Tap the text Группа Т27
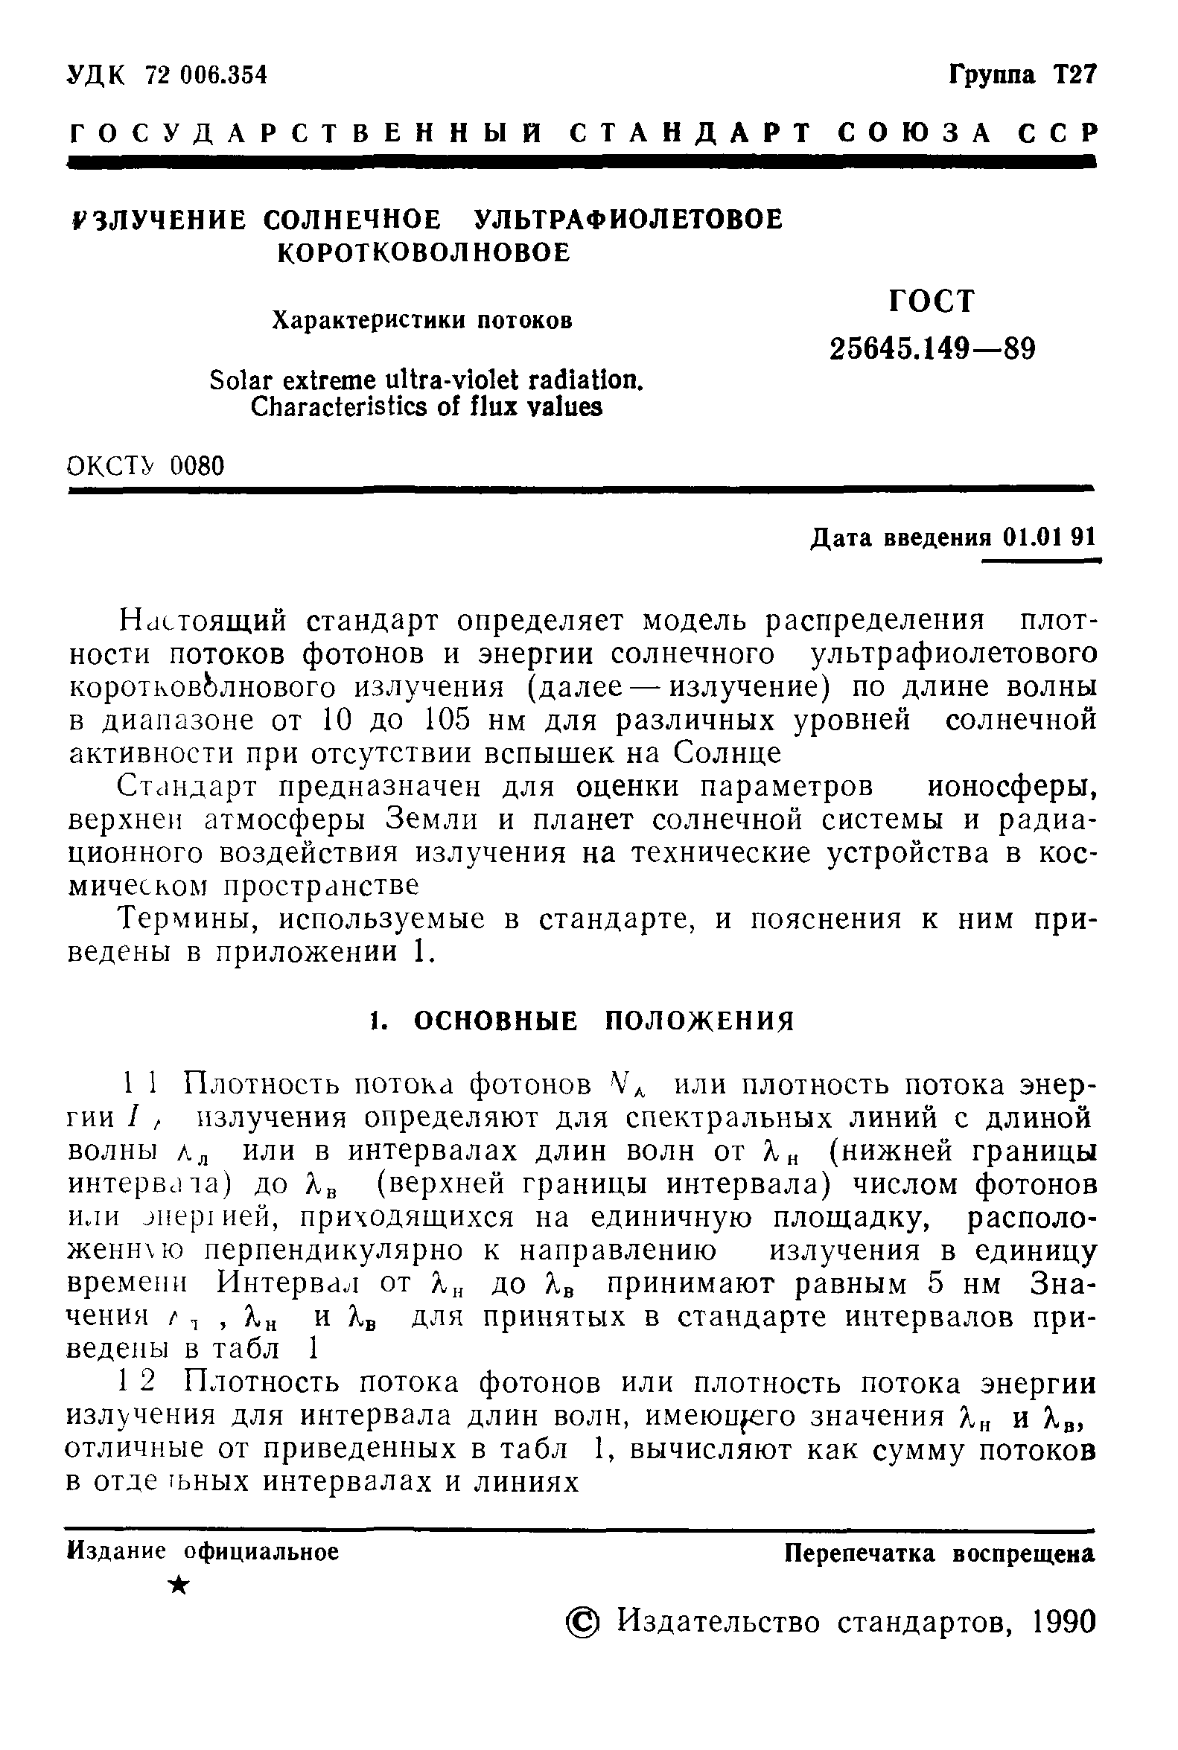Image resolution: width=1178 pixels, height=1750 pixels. pos(1022,74)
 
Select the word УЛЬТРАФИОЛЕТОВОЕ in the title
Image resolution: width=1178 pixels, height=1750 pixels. pos(628,220)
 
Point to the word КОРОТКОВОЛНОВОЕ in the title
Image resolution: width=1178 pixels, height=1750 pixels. pos(424,253)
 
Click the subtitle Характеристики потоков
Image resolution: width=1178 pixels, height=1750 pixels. pos(421,321)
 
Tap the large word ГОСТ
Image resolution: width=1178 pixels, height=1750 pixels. pos(932,301)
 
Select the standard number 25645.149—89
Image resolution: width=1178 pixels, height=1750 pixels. pos(932,348)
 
